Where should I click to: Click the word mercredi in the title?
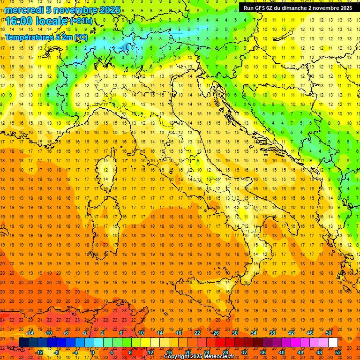tap(24, 10)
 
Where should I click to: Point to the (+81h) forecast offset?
tap(81, 21)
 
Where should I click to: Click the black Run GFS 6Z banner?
tap(298, 7)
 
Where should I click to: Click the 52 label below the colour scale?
tap(338, 352)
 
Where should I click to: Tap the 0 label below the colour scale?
tap(93, 352)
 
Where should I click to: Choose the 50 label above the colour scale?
tap(329, 333)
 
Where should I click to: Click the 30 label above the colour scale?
tap(234, 333)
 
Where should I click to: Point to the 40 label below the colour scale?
tap(282, 352)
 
